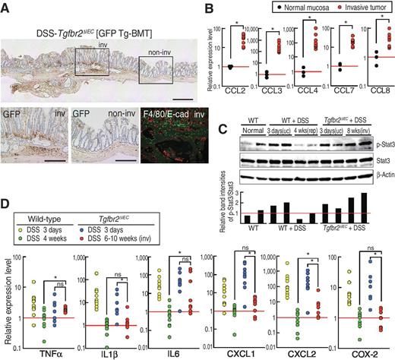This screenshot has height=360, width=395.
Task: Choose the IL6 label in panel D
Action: tap(174, 352)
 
